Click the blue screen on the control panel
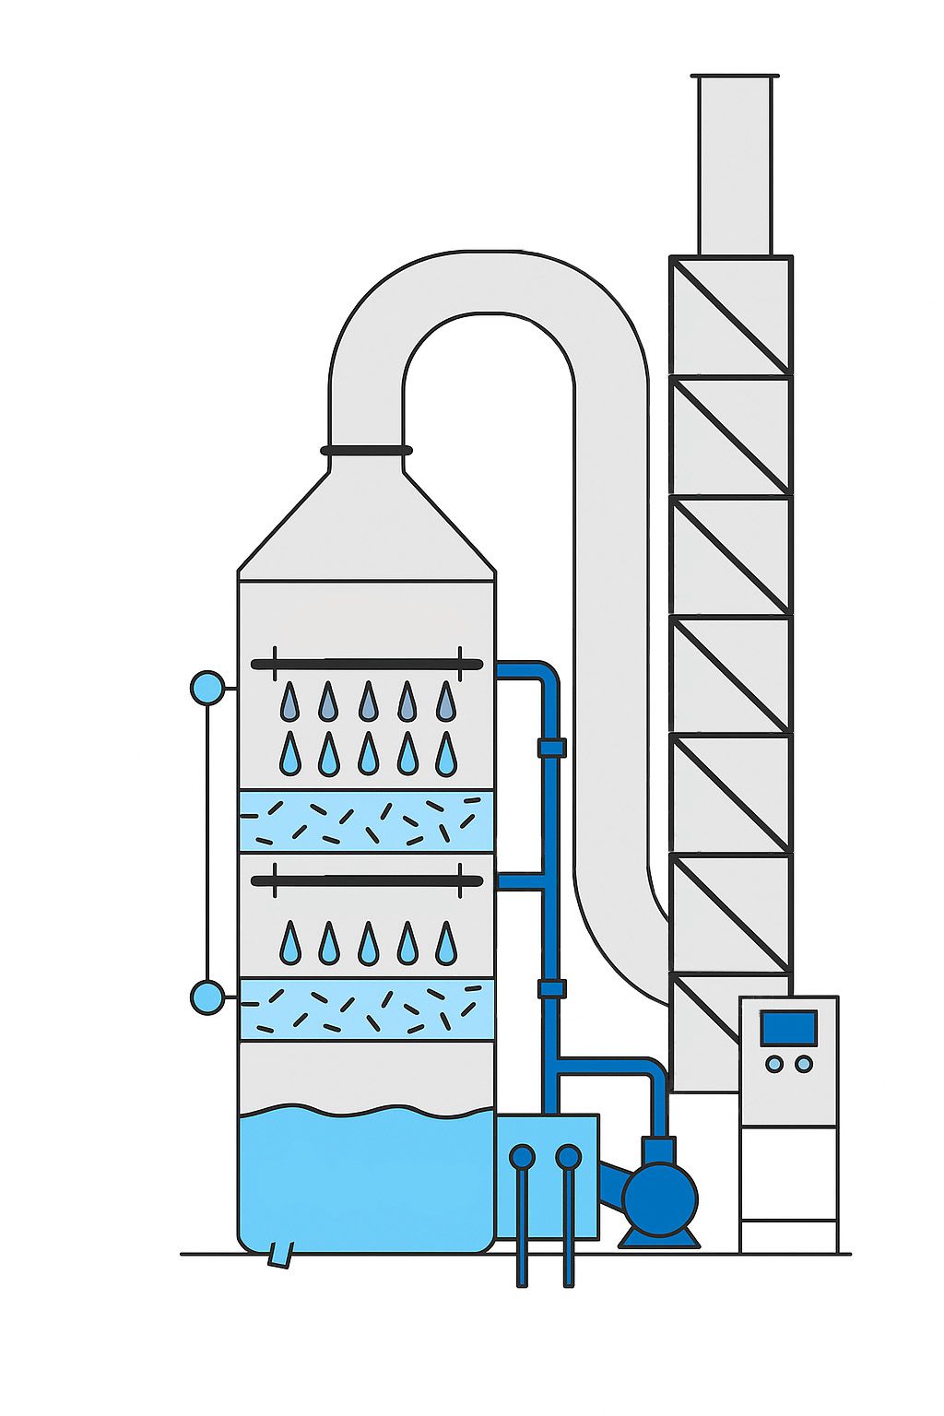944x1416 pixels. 788,1027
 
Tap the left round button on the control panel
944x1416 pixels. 774,1064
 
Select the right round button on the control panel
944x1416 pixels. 804,1064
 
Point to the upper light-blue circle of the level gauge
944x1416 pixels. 207,688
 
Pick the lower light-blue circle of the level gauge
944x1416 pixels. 207,997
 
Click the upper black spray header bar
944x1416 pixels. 367,664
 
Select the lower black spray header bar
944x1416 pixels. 367,881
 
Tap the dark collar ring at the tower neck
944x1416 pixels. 366,451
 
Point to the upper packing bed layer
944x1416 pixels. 366,820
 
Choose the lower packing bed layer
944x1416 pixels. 366,1009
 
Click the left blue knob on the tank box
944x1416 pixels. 522,1156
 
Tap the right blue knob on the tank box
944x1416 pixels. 569,1156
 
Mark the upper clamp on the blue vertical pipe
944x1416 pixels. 551,747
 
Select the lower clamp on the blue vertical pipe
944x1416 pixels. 551,989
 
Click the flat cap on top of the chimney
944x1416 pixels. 735,76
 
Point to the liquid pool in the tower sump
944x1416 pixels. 366,1180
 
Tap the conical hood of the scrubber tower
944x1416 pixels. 366,525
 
